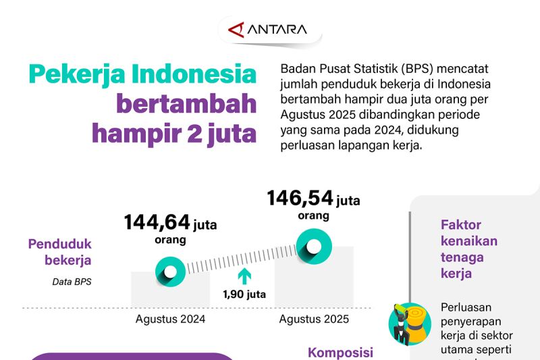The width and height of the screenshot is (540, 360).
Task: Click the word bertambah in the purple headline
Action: [186, 104]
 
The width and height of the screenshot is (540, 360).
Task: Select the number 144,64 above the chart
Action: [157, 223]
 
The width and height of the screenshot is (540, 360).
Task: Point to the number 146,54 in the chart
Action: [300, 199]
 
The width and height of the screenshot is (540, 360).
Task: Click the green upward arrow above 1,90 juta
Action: [244, 276]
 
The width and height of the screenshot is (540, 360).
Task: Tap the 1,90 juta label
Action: [244, 294]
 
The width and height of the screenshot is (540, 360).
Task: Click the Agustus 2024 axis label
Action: [170, 319]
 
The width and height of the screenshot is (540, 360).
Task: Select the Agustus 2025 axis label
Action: [314, 319]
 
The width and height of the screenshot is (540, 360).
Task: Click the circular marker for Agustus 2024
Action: [170, 272]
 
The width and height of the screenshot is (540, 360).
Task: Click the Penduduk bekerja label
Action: [59, 252]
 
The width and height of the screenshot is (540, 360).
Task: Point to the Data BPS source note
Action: [72, 282]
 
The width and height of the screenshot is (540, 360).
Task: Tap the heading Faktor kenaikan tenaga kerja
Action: [469, 249]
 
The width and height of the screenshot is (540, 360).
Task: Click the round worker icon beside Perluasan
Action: [409, 324]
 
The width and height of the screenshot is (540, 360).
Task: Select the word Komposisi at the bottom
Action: [340, 353]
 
